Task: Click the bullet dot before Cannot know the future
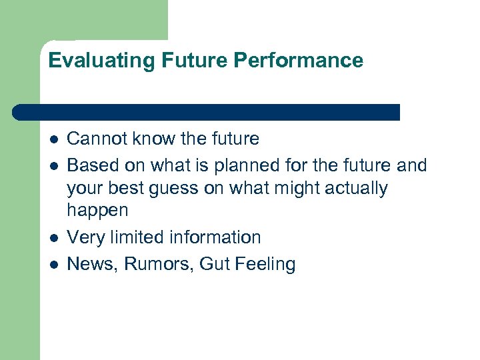pyautogui.click(x=54, y=139)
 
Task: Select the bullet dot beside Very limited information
pyautogui.click(x=54, y=238)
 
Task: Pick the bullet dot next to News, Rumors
pyautogui.click(x=54, y=265)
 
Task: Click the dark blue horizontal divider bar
pyautogui.click(x=207, y=112)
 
